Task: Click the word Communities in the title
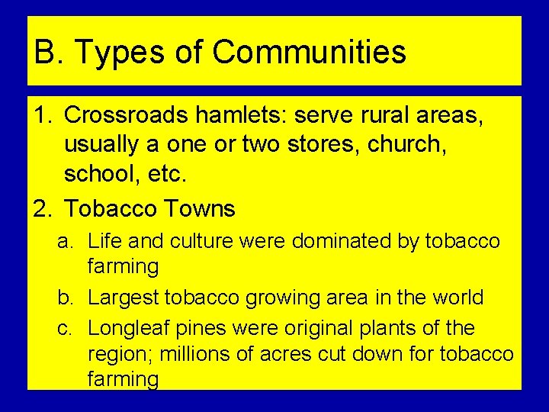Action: tap(309, 53)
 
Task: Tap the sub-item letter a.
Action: tap(66, 242)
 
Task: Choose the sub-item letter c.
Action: tap(65, 328)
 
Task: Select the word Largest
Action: tap(124, 297)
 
